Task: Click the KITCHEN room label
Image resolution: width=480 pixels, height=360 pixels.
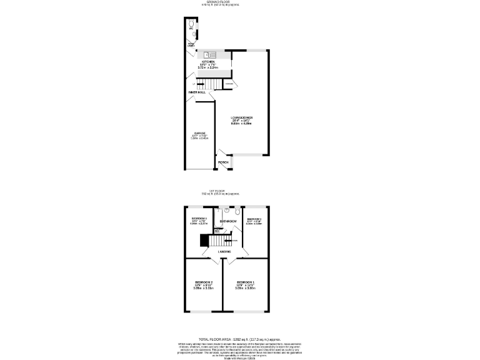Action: pyautogui.click(x=207, y=61)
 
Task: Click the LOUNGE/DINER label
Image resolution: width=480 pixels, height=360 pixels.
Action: pyautogui.click(x=241, y=118)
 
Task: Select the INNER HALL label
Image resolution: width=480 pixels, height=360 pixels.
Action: pyautogui.click(x=197, y=92)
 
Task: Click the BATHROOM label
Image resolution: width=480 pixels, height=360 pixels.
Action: pyautogui.click(x=228, y=222)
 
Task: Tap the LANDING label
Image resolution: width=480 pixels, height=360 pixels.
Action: pyautogui.click(x=224, y=252)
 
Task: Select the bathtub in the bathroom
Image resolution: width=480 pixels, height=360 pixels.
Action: pyautogui.click(x=216, y=221)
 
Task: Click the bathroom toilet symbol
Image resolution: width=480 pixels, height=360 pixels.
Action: pyautogui.click(x=232, y=212)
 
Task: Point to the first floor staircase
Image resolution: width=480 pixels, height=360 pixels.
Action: pyautogui.click(x=217, y=241)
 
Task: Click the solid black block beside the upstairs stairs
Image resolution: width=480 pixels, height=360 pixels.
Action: pyautogui.click(x=203, y=241)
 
